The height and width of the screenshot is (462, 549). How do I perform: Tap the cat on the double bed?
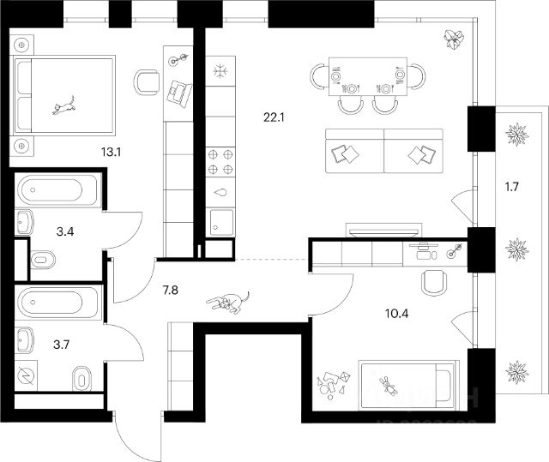63,105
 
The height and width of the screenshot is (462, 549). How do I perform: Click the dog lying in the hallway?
228,302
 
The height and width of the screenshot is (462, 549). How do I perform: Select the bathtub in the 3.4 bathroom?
57,189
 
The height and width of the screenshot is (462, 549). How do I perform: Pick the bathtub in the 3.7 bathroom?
57,303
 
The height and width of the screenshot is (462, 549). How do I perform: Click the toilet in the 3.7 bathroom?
81,375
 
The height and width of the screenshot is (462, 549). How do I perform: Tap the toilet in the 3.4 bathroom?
42,259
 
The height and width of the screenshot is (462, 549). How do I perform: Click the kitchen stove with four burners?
219,161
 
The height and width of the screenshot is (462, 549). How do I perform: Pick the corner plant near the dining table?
455,37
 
